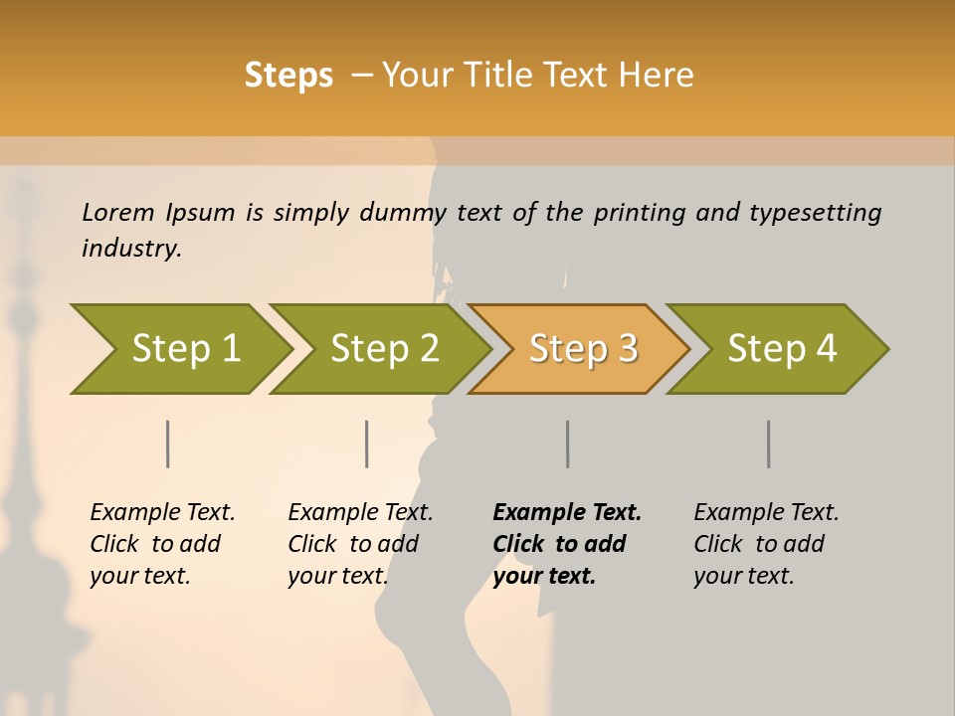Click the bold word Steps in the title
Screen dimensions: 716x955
point(288,76)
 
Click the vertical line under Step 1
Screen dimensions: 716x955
point(168,444)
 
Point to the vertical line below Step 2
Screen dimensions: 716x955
point(367,444)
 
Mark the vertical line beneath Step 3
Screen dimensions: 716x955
point(568,444)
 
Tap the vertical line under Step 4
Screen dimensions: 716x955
point(769,444)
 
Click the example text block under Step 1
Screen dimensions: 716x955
point(162,544)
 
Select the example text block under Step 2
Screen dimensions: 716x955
point(360,544)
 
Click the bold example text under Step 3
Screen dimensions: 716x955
point(567,544)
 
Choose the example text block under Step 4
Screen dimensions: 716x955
point(766,544)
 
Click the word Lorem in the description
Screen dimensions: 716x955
point(117,212)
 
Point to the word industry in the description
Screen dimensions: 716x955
point(131,249)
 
